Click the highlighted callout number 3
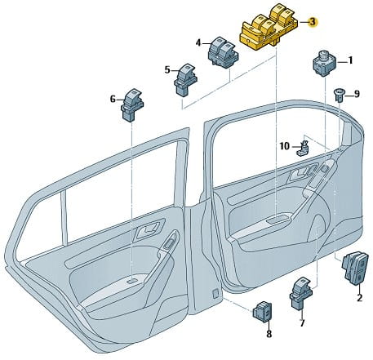313,21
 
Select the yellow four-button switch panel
269,27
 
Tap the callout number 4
198,43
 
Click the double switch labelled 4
224,52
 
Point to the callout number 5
167,70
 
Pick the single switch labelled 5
185,80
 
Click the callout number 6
113,100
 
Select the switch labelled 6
132,105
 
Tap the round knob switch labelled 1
325,63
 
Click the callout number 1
350,60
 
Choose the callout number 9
357,94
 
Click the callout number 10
285,146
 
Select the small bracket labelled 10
304,148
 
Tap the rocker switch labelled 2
355,269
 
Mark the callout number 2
359,298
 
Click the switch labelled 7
302,294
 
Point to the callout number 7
302,323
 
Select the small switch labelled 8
263,312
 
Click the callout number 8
269,334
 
